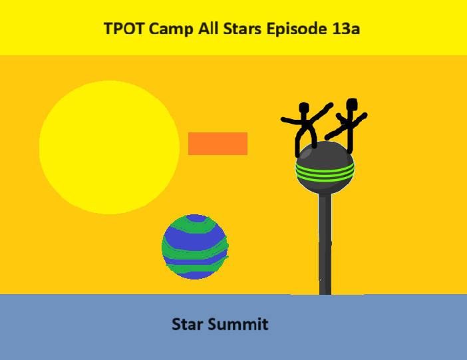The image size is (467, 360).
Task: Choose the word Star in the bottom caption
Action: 187,325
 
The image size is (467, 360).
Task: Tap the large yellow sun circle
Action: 109,147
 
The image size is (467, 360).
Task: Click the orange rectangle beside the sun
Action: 218,144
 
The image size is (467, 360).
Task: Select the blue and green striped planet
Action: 195,247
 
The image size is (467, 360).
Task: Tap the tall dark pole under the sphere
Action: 325,246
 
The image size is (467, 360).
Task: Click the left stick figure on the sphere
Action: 306,126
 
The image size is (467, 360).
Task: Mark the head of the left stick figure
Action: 304,108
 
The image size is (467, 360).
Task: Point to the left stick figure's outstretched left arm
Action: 291,120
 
